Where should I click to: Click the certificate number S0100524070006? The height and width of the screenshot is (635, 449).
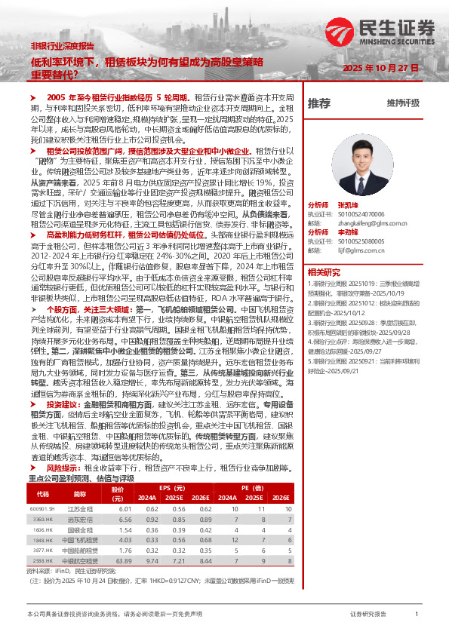pyautogui.click(x=361, y=213)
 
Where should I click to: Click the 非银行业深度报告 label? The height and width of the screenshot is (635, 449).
pyautogui.click(x=63, y=46)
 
